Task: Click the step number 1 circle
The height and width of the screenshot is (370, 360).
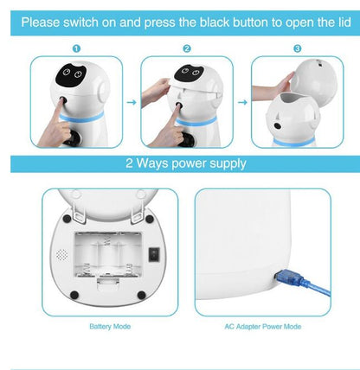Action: pos(76,49)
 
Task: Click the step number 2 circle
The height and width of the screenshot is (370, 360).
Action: pos(186,49)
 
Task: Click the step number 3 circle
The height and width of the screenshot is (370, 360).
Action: pos(297,49)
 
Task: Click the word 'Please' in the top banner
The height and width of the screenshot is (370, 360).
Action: pos(45,20)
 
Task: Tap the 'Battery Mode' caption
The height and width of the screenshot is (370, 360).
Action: pos(110,328)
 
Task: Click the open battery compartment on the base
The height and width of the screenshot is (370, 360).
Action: pos(108,258)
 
